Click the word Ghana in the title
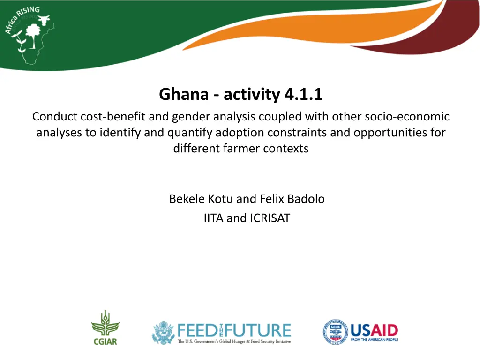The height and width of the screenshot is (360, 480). tap(184, 94)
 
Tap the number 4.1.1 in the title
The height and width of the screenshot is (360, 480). tap(303, 94)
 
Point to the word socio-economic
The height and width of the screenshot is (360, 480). tap(407, 117)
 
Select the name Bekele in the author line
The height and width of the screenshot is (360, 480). tap(187, 199)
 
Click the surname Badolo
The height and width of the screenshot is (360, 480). tap(306, 199)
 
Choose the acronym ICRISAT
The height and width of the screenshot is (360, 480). tap(270, 218)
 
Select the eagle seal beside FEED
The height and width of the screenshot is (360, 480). tap(164, 333)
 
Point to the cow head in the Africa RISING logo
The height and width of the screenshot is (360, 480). tap(44, 20)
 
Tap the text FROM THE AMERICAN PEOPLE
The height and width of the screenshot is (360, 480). tap(375, 340)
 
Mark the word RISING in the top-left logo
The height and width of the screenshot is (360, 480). tap(29, 12)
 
